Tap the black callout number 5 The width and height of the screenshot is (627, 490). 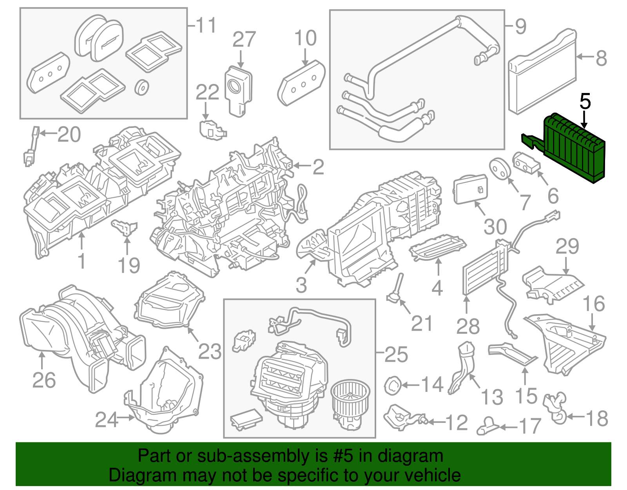585,102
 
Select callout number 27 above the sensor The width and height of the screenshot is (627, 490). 244,40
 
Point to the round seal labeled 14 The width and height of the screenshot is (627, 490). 392,385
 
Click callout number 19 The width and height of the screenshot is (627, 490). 129,266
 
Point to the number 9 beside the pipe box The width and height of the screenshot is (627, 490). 520,27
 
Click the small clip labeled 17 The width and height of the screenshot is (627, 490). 488,426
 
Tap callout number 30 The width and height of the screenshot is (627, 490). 495,227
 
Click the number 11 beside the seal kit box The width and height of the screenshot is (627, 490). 206,26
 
